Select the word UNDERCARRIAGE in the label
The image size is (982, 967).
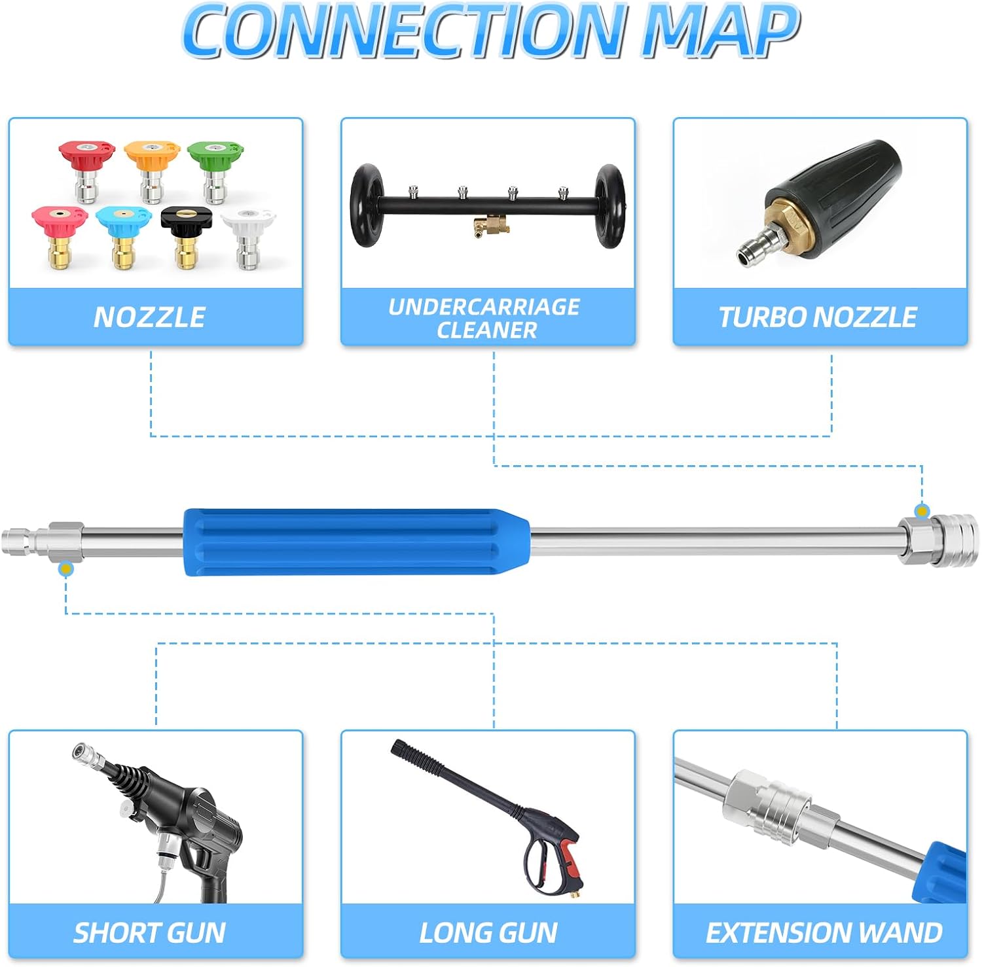[x=484, y=306]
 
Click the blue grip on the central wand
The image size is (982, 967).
[x=357, y=542]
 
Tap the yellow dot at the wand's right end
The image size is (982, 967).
[x=922, y=511]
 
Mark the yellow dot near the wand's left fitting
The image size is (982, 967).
[x=65, y=569]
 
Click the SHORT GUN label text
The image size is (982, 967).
[x=149, y=932]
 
